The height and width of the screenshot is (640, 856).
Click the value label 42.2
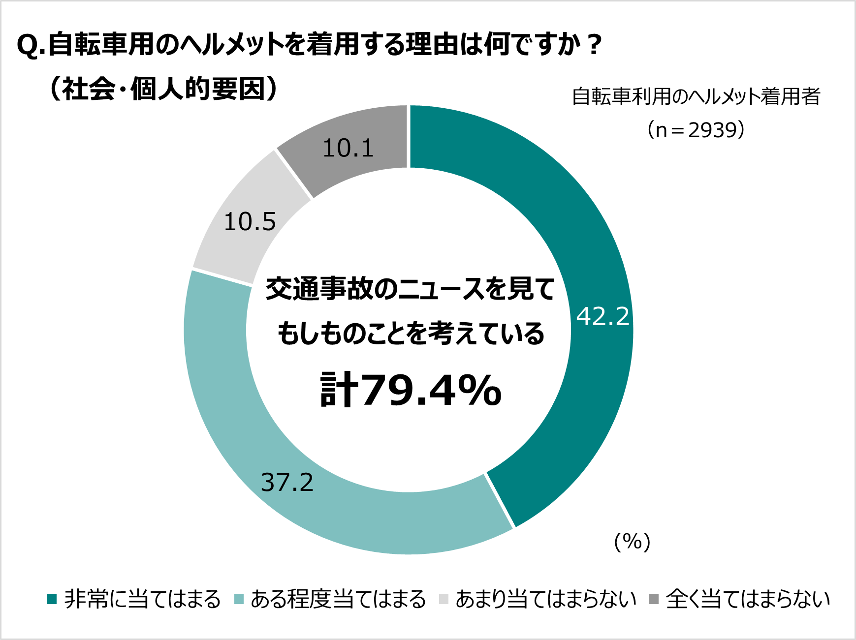(603, 316)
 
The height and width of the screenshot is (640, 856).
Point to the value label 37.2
(287, 483)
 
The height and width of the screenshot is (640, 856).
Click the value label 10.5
(250, 222)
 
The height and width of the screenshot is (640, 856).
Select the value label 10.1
(348, 148)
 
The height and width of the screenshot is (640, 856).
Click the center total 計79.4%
(411, 391)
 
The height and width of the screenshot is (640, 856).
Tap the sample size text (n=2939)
(696, 130)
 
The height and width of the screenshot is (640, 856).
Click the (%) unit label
(633, 542)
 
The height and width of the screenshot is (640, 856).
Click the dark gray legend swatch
(654, 599)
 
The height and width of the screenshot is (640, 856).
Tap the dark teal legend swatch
(52, 599)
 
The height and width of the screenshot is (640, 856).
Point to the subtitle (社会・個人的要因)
(163, 89)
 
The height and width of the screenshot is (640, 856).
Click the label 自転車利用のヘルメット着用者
(696, 96)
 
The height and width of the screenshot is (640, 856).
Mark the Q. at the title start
(31, 46)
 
